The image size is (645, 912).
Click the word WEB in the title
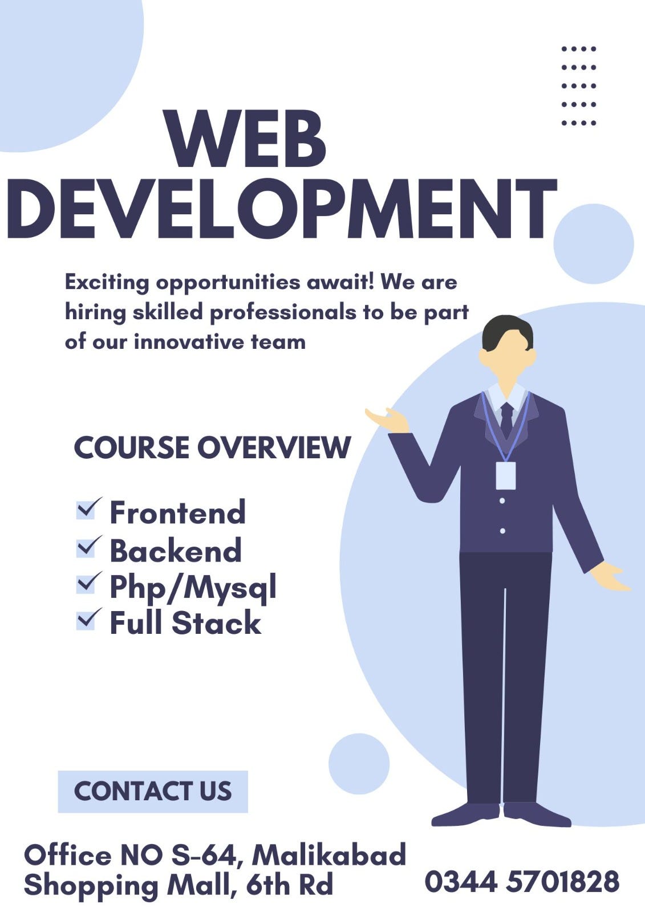click(245, 140)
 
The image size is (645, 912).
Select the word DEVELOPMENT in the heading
click(282, 209)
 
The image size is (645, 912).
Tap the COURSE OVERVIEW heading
click(212, 447)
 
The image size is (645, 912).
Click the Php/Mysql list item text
click(193, 587)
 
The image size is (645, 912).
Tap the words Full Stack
click(185, 622)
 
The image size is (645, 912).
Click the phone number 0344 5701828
click(522, 882)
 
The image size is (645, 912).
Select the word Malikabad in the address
click(329, 855)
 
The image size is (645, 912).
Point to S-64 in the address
click(203, 855)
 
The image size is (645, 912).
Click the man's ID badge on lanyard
click(505, 475)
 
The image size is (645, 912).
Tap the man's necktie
click(506, 419)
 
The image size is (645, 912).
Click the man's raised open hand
click(388, 421)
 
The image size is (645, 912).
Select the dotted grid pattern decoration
click(578, 85)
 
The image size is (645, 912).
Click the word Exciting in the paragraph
click(107, 282)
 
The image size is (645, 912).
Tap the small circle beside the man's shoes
click(359, 764)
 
